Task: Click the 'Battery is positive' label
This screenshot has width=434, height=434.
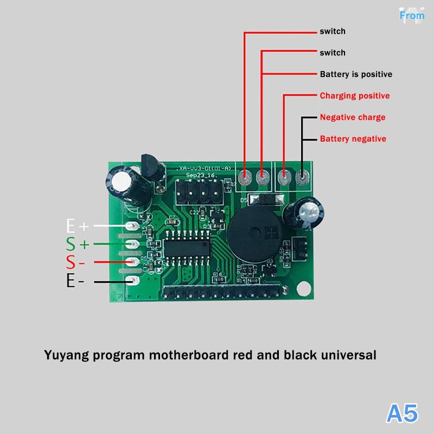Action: [355, 74]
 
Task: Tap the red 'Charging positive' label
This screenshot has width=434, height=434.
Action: [354, 95]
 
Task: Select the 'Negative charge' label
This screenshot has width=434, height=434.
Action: [353, 117]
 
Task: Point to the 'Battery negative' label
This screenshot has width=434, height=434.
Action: [353, 139]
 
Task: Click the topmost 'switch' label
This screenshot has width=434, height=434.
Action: [333, 31]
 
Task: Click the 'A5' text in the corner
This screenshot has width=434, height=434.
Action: [402, 413]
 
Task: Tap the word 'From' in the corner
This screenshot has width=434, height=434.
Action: [412, 15]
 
